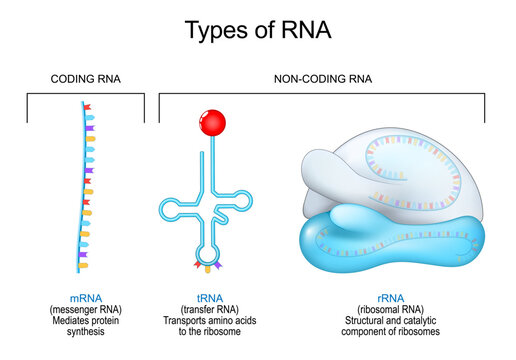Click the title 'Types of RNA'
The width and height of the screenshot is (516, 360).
click(x=257, y=30)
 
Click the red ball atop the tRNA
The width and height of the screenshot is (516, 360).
click(x=213, y=123)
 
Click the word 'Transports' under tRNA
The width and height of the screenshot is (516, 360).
click(x=187, y=321)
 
